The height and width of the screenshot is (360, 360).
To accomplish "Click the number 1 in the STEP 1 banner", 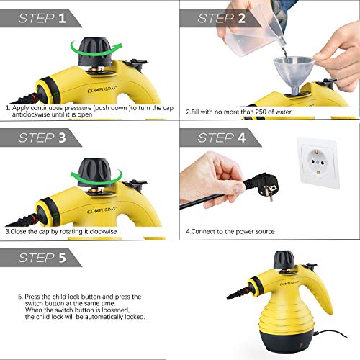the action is pyautogui.click(x=62, y=18).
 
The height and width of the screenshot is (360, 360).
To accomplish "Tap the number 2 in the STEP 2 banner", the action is pyautogui.click(x=241, y=18).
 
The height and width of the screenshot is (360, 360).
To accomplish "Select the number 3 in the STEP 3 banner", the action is pyautogui.click(x=62, y=138).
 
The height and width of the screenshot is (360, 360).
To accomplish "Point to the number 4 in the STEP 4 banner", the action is pyautogui.click(x=241, y=138).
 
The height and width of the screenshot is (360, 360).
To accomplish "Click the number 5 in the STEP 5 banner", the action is pyautogui.click(x=62, y=258).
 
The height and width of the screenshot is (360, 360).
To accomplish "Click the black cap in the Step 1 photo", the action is pyautogui.click(x=95, y=51).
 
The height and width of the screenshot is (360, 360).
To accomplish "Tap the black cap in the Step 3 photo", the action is pyautogui.click(x=95, y=172).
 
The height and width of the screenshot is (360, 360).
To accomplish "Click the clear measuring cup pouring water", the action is pyautogui.click(x=254, y=31).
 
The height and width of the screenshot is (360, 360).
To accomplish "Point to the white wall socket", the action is pyautogui.click(x=318, y=163).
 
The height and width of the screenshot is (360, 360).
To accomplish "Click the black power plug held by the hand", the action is pyautogui.click(x=261, y=186).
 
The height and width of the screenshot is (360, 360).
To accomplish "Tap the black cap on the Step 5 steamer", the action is pyautogui.click(x=284, y=260).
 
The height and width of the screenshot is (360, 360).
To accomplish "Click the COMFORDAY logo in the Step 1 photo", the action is pyautogui.click(x=102, y=90).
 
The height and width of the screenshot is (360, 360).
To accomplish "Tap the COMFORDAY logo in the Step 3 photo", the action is pyautogui.click(x=102, y=210).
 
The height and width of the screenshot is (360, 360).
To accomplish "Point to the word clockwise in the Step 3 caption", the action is pyautogui.click(x=103, y=231).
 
